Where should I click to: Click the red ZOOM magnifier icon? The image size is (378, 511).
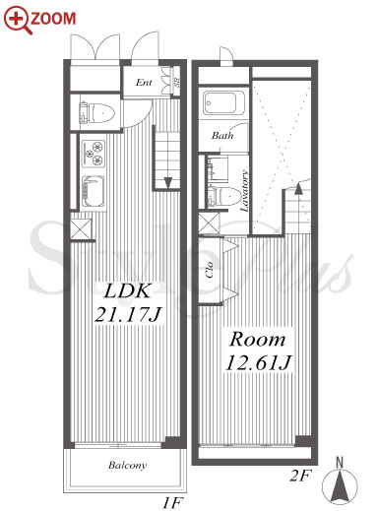coord(18,21)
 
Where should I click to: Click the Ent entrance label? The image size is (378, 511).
coord(144,82)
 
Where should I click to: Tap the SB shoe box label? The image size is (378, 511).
coord(176,82)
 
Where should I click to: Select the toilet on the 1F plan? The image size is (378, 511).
coord(97,112)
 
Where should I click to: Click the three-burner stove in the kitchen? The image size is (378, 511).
coord(94,153)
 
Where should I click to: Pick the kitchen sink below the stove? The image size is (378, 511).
coord(94,191)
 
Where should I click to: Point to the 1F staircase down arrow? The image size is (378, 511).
coord(168,182)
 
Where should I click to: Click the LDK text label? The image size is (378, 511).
coord(127,290)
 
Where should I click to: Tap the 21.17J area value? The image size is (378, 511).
coord(127,314)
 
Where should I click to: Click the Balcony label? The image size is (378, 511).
coord(127,465)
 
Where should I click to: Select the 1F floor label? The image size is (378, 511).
coord(171,503)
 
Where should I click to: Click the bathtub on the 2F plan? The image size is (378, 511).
coord(223,103)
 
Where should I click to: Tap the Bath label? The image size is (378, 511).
coord(222,135)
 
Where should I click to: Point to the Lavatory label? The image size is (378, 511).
coord(244,191)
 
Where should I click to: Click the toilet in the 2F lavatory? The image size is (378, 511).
coord(224,196)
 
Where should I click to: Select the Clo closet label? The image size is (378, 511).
coord(210,270)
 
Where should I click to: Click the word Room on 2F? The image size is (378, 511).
coord(257,340)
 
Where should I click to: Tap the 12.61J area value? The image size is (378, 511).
coord(258,363)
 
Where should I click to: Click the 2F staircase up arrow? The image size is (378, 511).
coord(298,189)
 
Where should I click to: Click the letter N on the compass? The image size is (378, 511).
coord(340,463)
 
